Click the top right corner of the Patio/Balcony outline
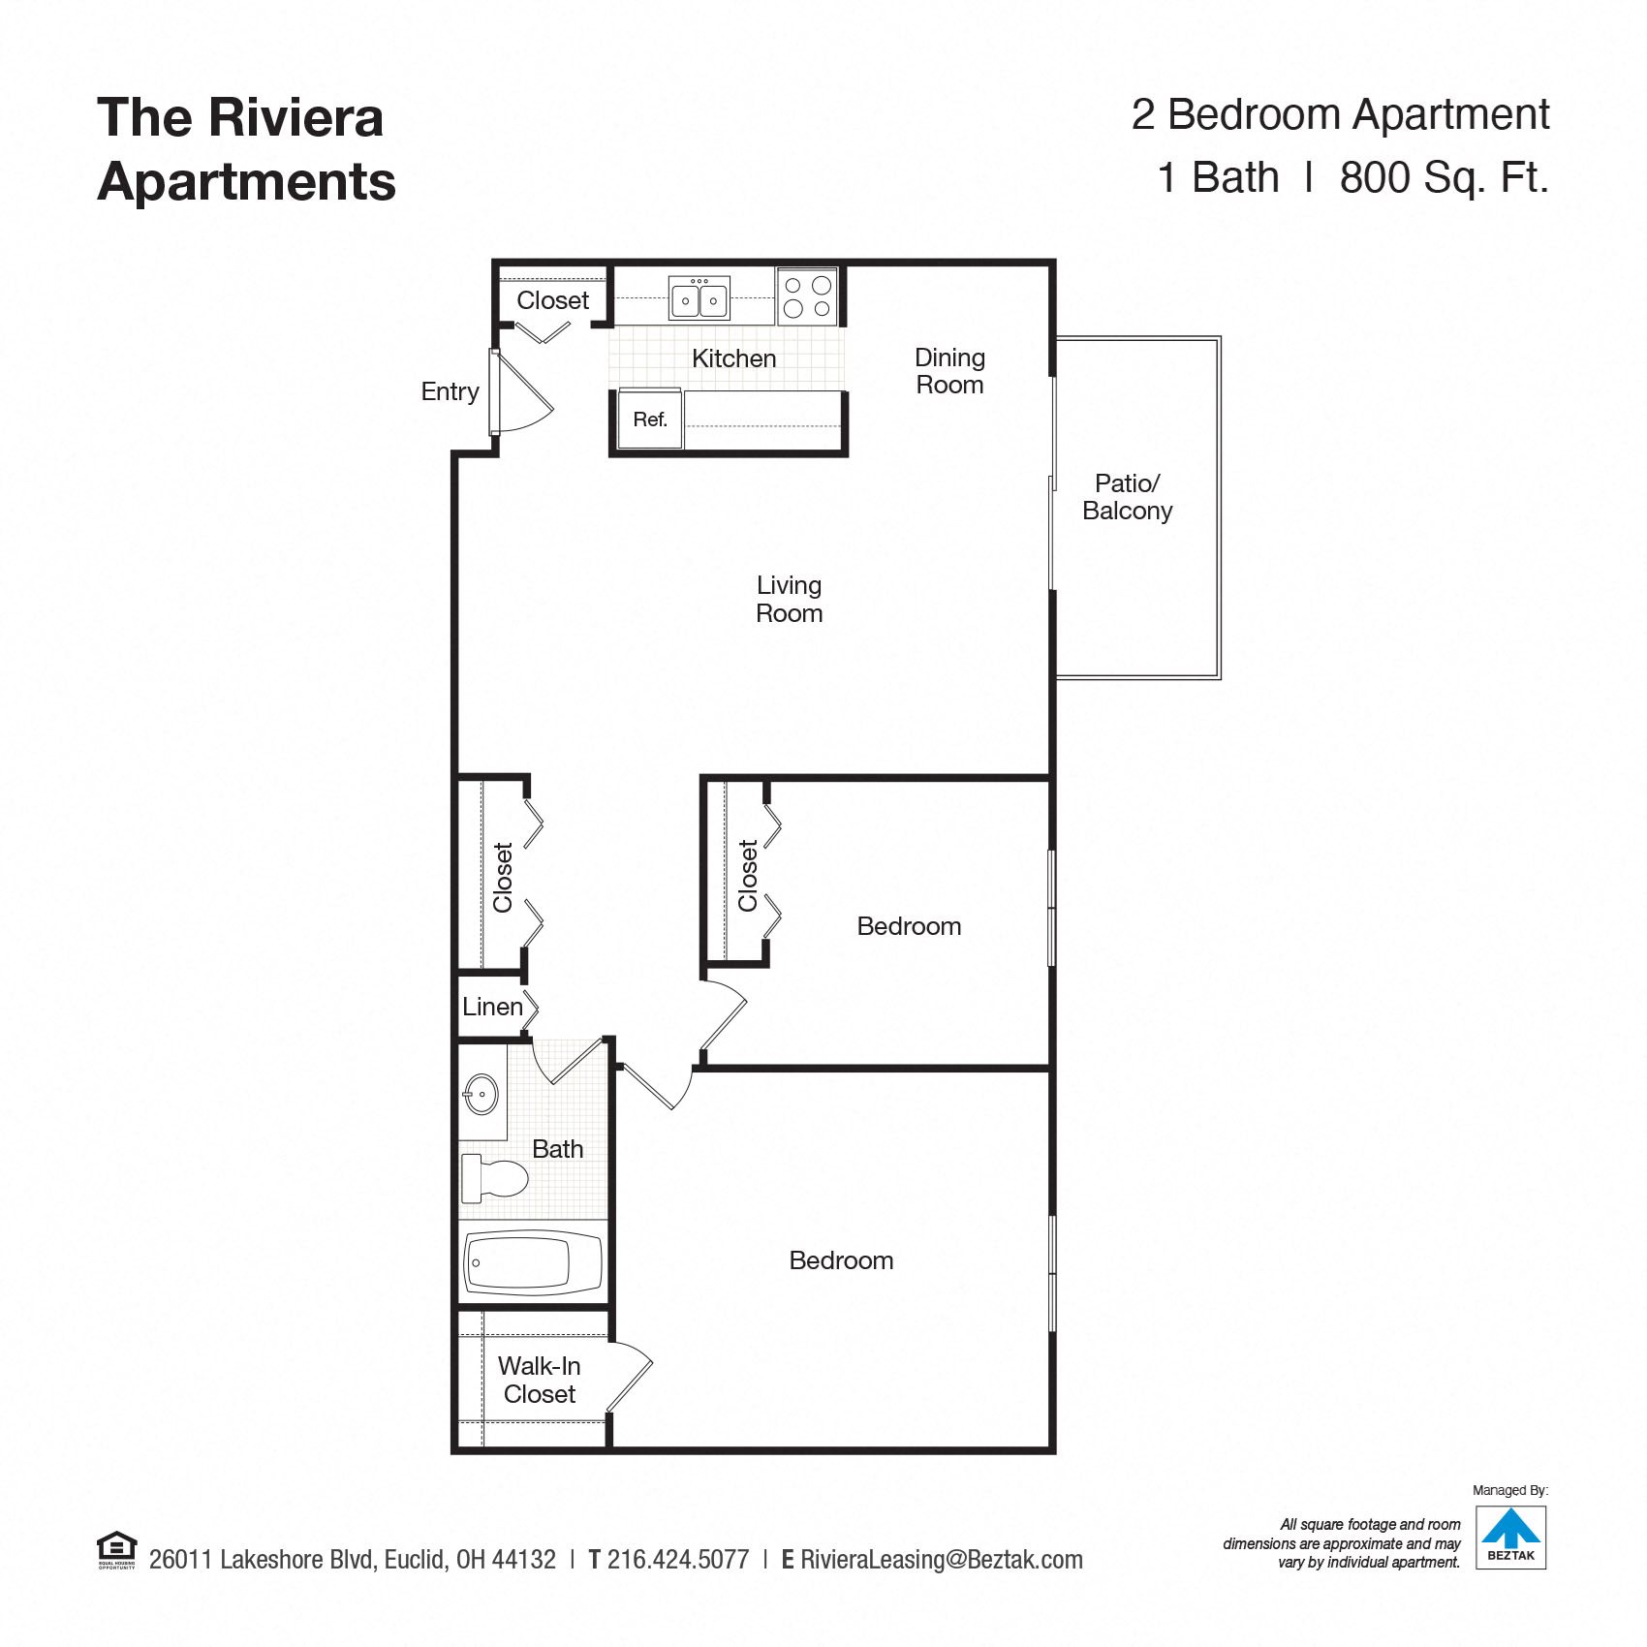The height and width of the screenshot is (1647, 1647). coord(1220,337)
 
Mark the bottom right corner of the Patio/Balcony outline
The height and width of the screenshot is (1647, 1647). coord(1220,678)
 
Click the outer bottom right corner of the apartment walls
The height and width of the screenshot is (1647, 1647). coord(1055,1453)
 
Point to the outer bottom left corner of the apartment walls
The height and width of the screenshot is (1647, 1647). coord(451,1453)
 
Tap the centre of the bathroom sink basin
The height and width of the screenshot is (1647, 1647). coord(482,1095)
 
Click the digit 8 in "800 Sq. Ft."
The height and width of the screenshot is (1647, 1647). coord(1353,177)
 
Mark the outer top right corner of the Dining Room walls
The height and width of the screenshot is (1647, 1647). coord(1055,260)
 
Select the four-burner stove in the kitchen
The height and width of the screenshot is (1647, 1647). coord(807,296)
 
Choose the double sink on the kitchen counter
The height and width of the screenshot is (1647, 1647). coord(699,298)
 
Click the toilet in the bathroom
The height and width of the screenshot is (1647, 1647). coord(494,1178)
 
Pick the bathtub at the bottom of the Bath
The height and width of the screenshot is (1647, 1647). coord(533,1262)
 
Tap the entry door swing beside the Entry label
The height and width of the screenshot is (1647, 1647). coord(521,391)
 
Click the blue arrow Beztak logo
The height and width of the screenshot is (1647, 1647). coord(1510,1538)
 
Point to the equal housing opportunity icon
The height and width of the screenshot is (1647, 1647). coord(117,1549)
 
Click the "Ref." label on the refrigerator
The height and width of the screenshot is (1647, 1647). coord(650,420)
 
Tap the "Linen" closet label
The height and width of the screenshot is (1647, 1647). coord(492,1007)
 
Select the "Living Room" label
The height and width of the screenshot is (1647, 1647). coord(790,599)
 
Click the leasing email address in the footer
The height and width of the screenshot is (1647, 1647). coord(942,1560)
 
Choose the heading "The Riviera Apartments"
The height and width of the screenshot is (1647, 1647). coord(246,149)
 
